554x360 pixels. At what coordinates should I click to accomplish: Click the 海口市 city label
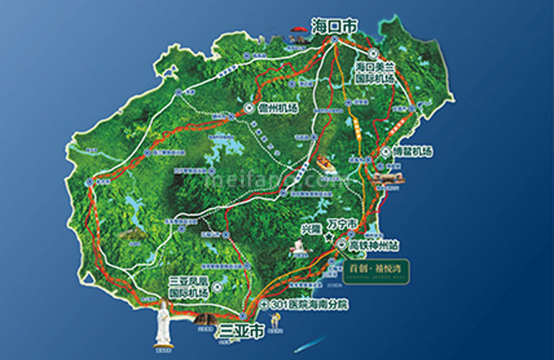[334, 25]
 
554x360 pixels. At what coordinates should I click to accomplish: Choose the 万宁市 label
[341, 226]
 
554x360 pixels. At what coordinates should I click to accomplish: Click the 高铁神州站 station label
[374, 244]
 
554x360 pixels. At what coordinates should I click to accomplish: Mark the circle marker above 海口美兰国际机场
[373, 53]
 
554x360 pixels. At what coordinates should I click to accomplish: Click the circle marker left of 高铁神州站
[340, 244]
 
